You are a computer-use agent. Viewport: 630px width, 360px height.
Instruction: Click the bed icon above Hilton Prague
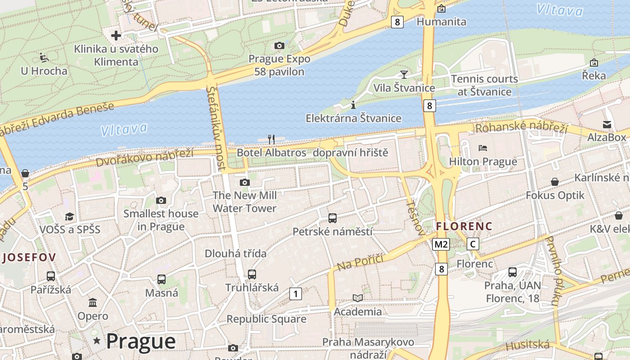tap(483, 148)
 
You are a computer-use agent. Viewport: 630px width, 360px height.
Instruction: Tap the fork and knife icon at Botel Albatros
tap(271, 139)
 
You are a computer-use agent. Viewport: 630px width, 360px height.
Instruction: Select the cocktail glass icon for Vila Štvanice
tap(404, 74)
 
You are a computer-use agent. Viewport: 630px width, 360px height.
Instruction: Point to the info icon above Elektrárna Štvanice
tap(353, 105)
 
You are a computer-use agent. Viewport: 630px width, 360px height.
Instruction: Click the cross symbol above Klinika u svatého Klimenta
tap(116, 35)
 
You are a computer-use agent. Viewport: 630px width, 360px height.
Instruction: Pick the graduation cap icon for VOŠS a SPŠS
tap(69, 216)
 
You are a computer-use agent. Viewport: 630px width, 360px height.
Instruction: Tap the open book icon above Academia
tap(358, 298)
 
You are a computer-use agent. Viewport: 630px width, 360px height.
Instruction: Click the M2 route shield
tap(441, 244)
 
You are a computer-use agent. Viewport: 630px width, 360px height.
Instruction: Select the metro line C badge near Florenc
tap(472, 244)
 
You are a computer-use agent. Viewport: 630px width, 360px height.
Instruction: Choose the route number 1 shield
tap(295, 294)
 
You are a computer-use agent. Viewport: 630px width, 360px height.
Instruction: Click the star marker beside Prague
tap(97, 341)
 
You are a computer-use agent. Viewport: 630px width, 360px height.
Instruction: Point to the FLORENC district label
tap(464, 226)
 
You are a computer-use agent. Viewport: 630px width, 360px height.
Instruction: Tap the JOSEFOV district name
tap(29, 257)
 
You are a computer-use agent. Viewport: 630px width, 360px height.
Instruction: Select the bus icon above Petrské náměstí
tap(333, 218)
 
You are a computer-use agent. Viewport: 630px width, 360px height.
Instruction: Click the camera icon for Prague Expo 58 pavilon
tap(279, 45)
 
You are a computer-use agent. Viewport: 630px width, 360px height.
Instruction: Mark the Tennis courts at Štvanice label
tap(484, 85)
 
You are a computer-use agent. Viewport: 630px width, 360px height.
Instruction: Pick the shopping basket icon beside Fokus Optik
tap(555, 182)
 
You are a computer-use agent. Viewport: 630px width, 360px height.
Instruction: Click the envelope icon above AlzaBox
tap(607, 124)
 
